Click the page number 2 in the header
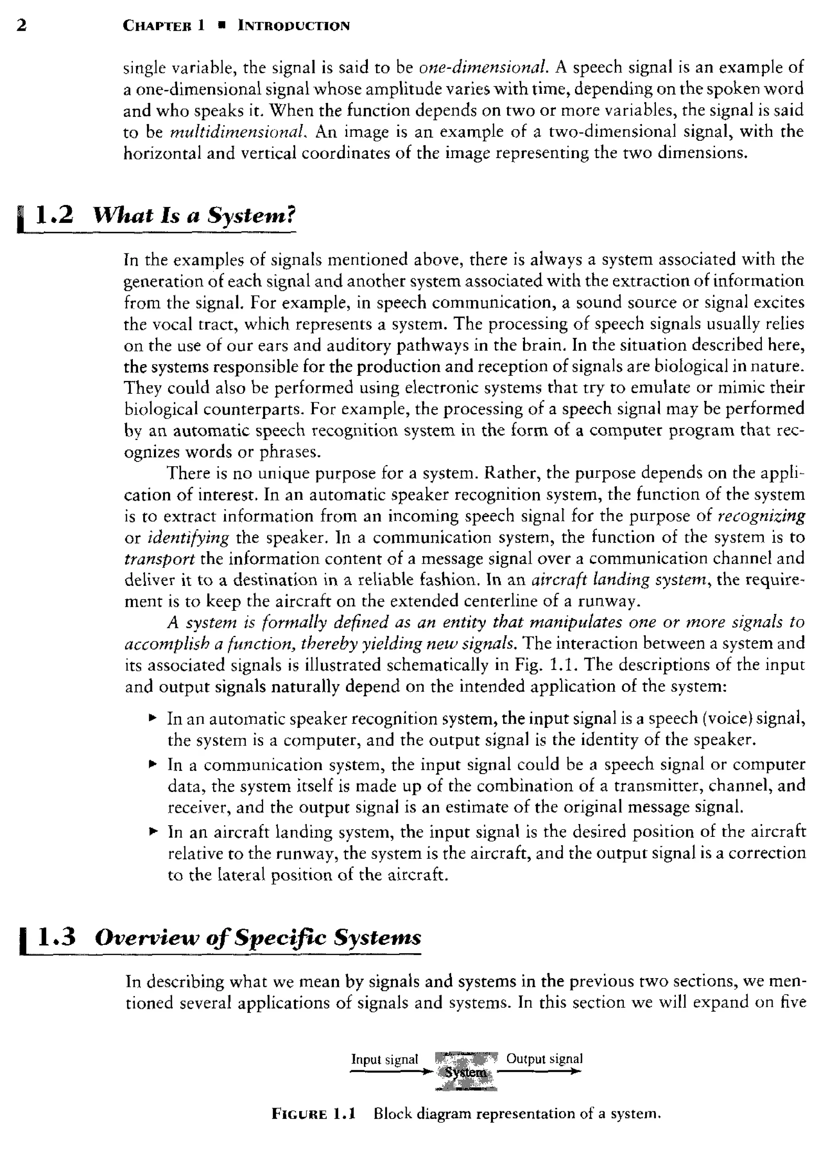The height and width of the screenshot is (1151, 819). [x=21, y=25]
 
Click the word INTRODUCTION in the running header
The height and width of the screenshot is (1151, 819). [x=294, y=25]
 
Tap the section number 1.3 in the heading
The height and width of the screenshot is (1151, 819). [x=56, y=936]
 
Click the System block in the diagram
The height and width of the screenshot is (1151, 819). [x=466, y=1072]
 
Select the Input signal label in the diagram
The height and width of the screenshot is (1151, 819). [x=384, y=1059]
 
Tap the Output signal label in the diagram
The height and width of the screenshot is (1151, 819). [x=544, y=1058]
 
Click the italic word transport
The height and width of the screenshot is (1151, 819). [x=160, y=559]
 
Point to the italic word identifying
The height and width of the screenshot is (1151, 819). [x=188, y=537]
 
